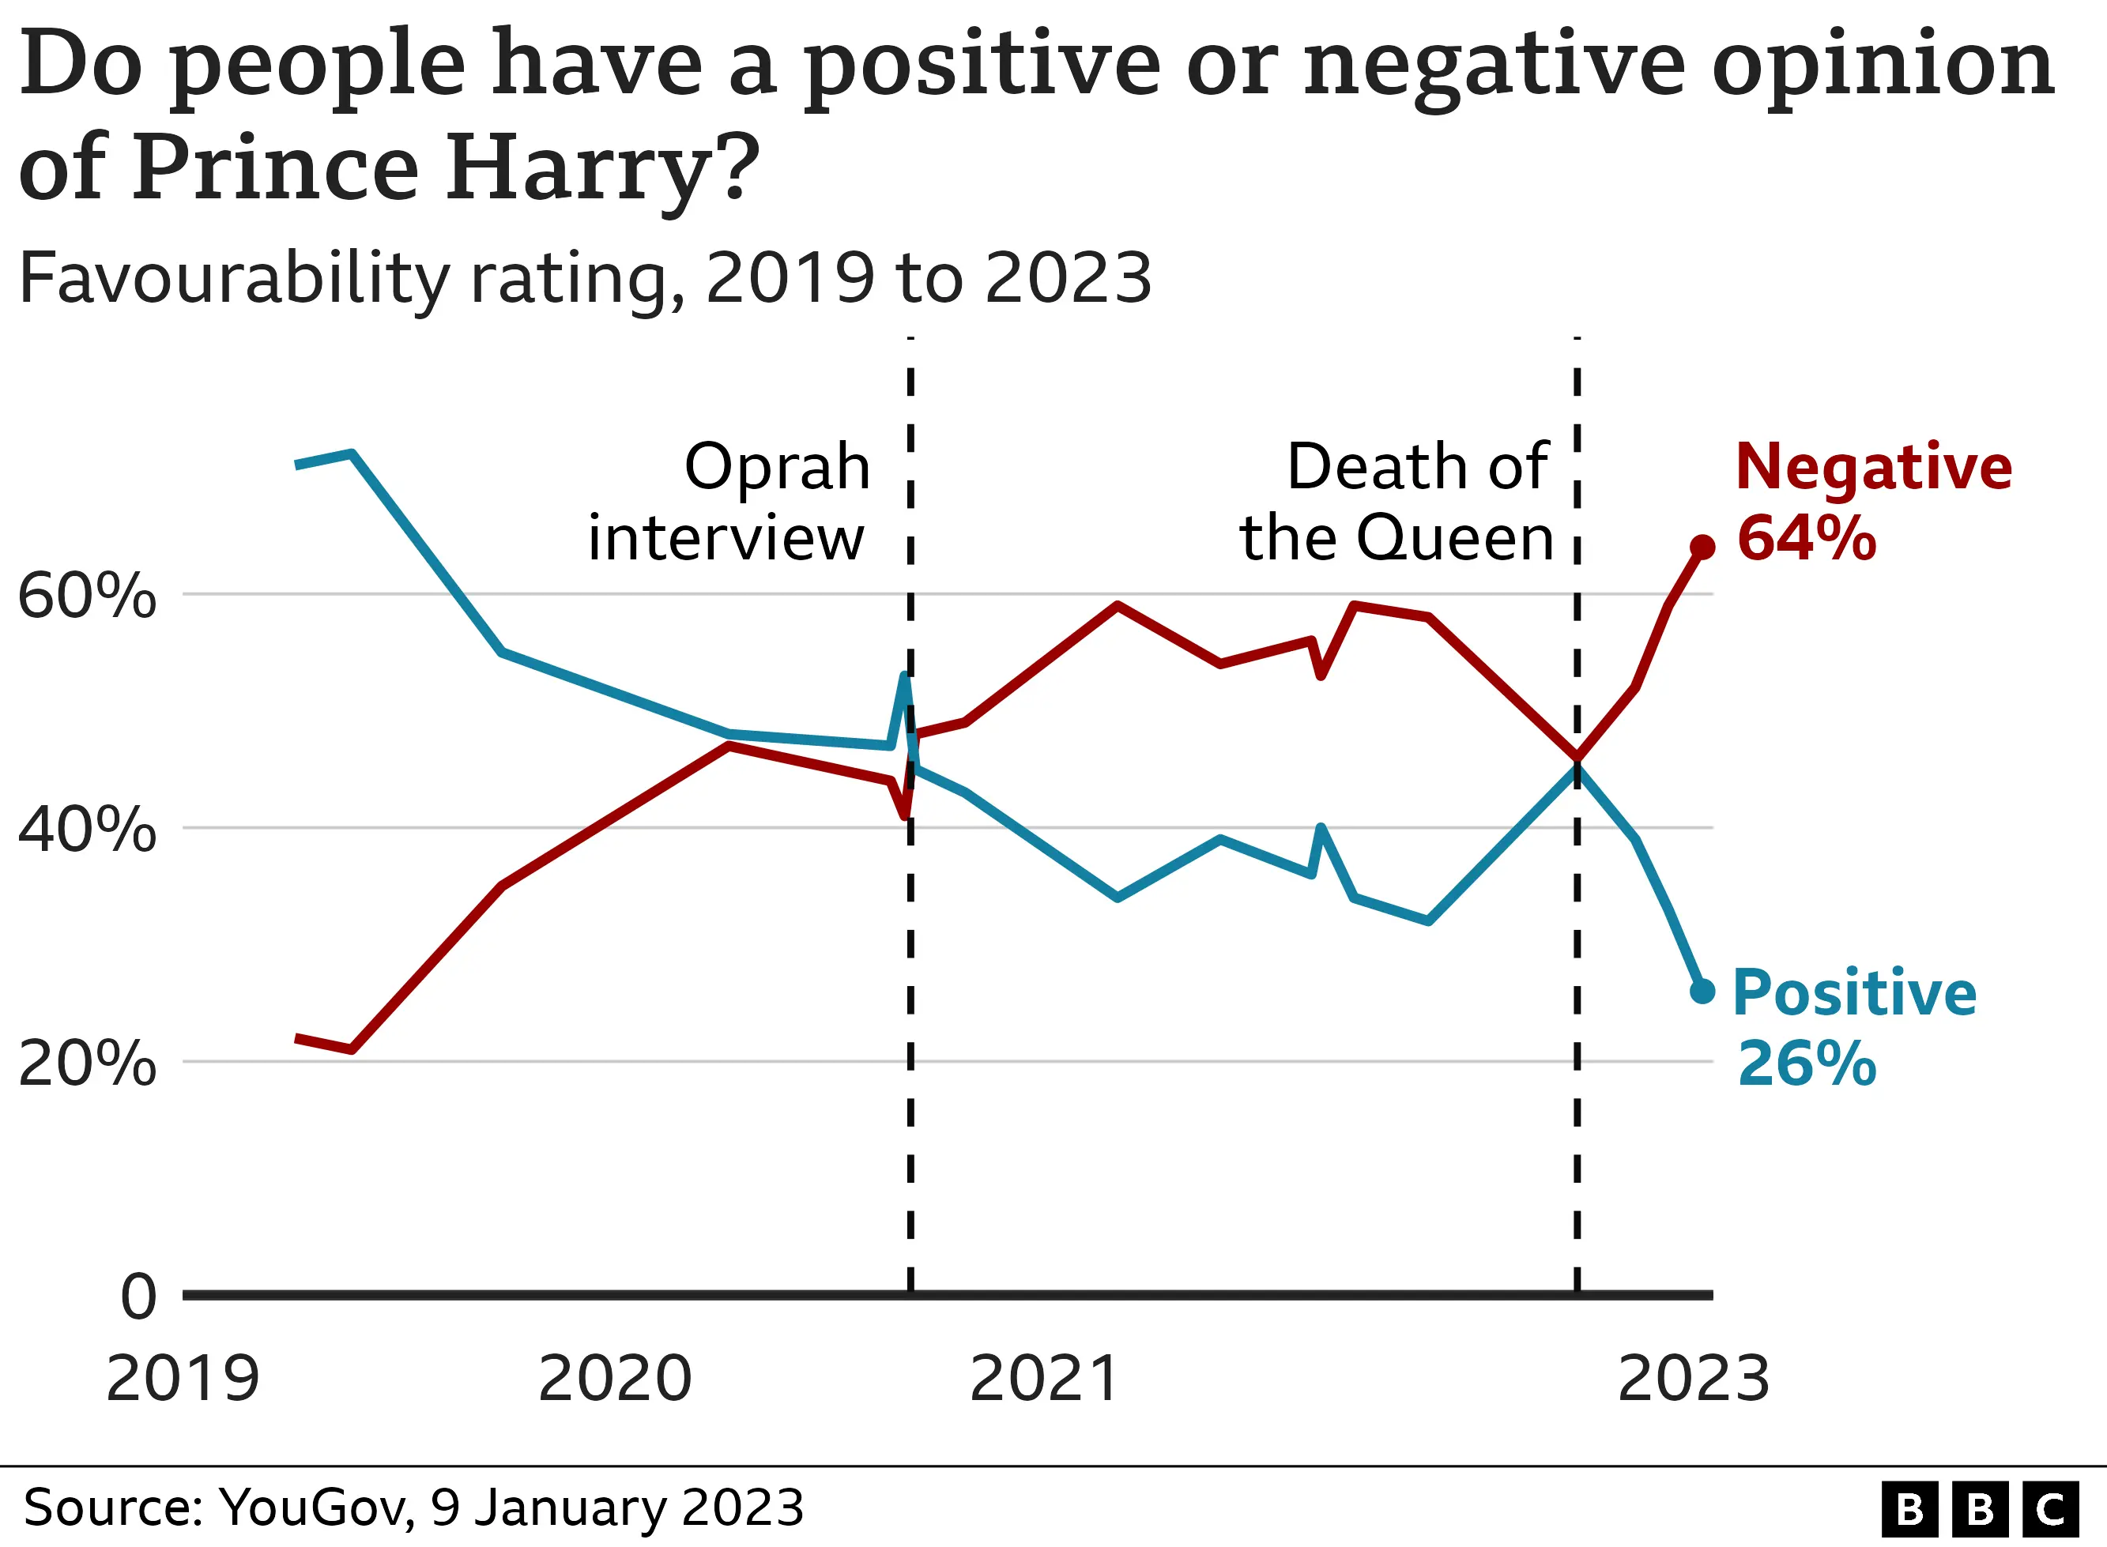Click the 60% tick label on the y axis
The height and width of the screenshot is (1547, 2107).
click(86, 596)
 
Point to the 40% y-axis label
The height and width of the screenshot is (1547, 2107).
click(86, 830)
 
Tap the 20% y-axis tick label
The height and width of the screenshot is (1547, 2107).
click(86, 1063)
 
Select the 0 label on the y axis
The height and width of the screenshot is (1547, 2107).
click(138, 1298)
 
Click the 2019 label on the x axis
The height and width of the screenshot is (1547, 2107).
click(183, 1380)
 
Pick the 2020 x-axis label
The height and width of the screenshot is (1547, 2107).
click(614, 1380)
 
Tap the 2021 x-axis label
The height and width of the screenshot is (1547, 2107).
click(1044, 1380)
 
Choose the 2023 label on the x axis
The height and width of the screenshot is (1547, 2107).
click(1693, 1380)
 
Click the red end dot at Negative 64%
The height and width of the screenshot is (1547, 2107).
click(1702, 548)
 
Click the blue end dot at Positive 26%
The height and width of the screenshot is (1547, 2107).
click(1702, 991)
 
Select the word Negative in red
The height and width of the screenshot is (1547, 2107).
click(1873, 466)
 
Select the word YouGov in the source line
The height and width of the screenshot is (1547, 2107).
click(314, 1508)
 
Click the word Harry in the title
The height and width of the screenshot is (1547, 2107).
click(573, 168)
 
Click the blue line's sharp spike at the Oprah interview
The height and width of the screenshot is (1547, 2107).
click(903, 676)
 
